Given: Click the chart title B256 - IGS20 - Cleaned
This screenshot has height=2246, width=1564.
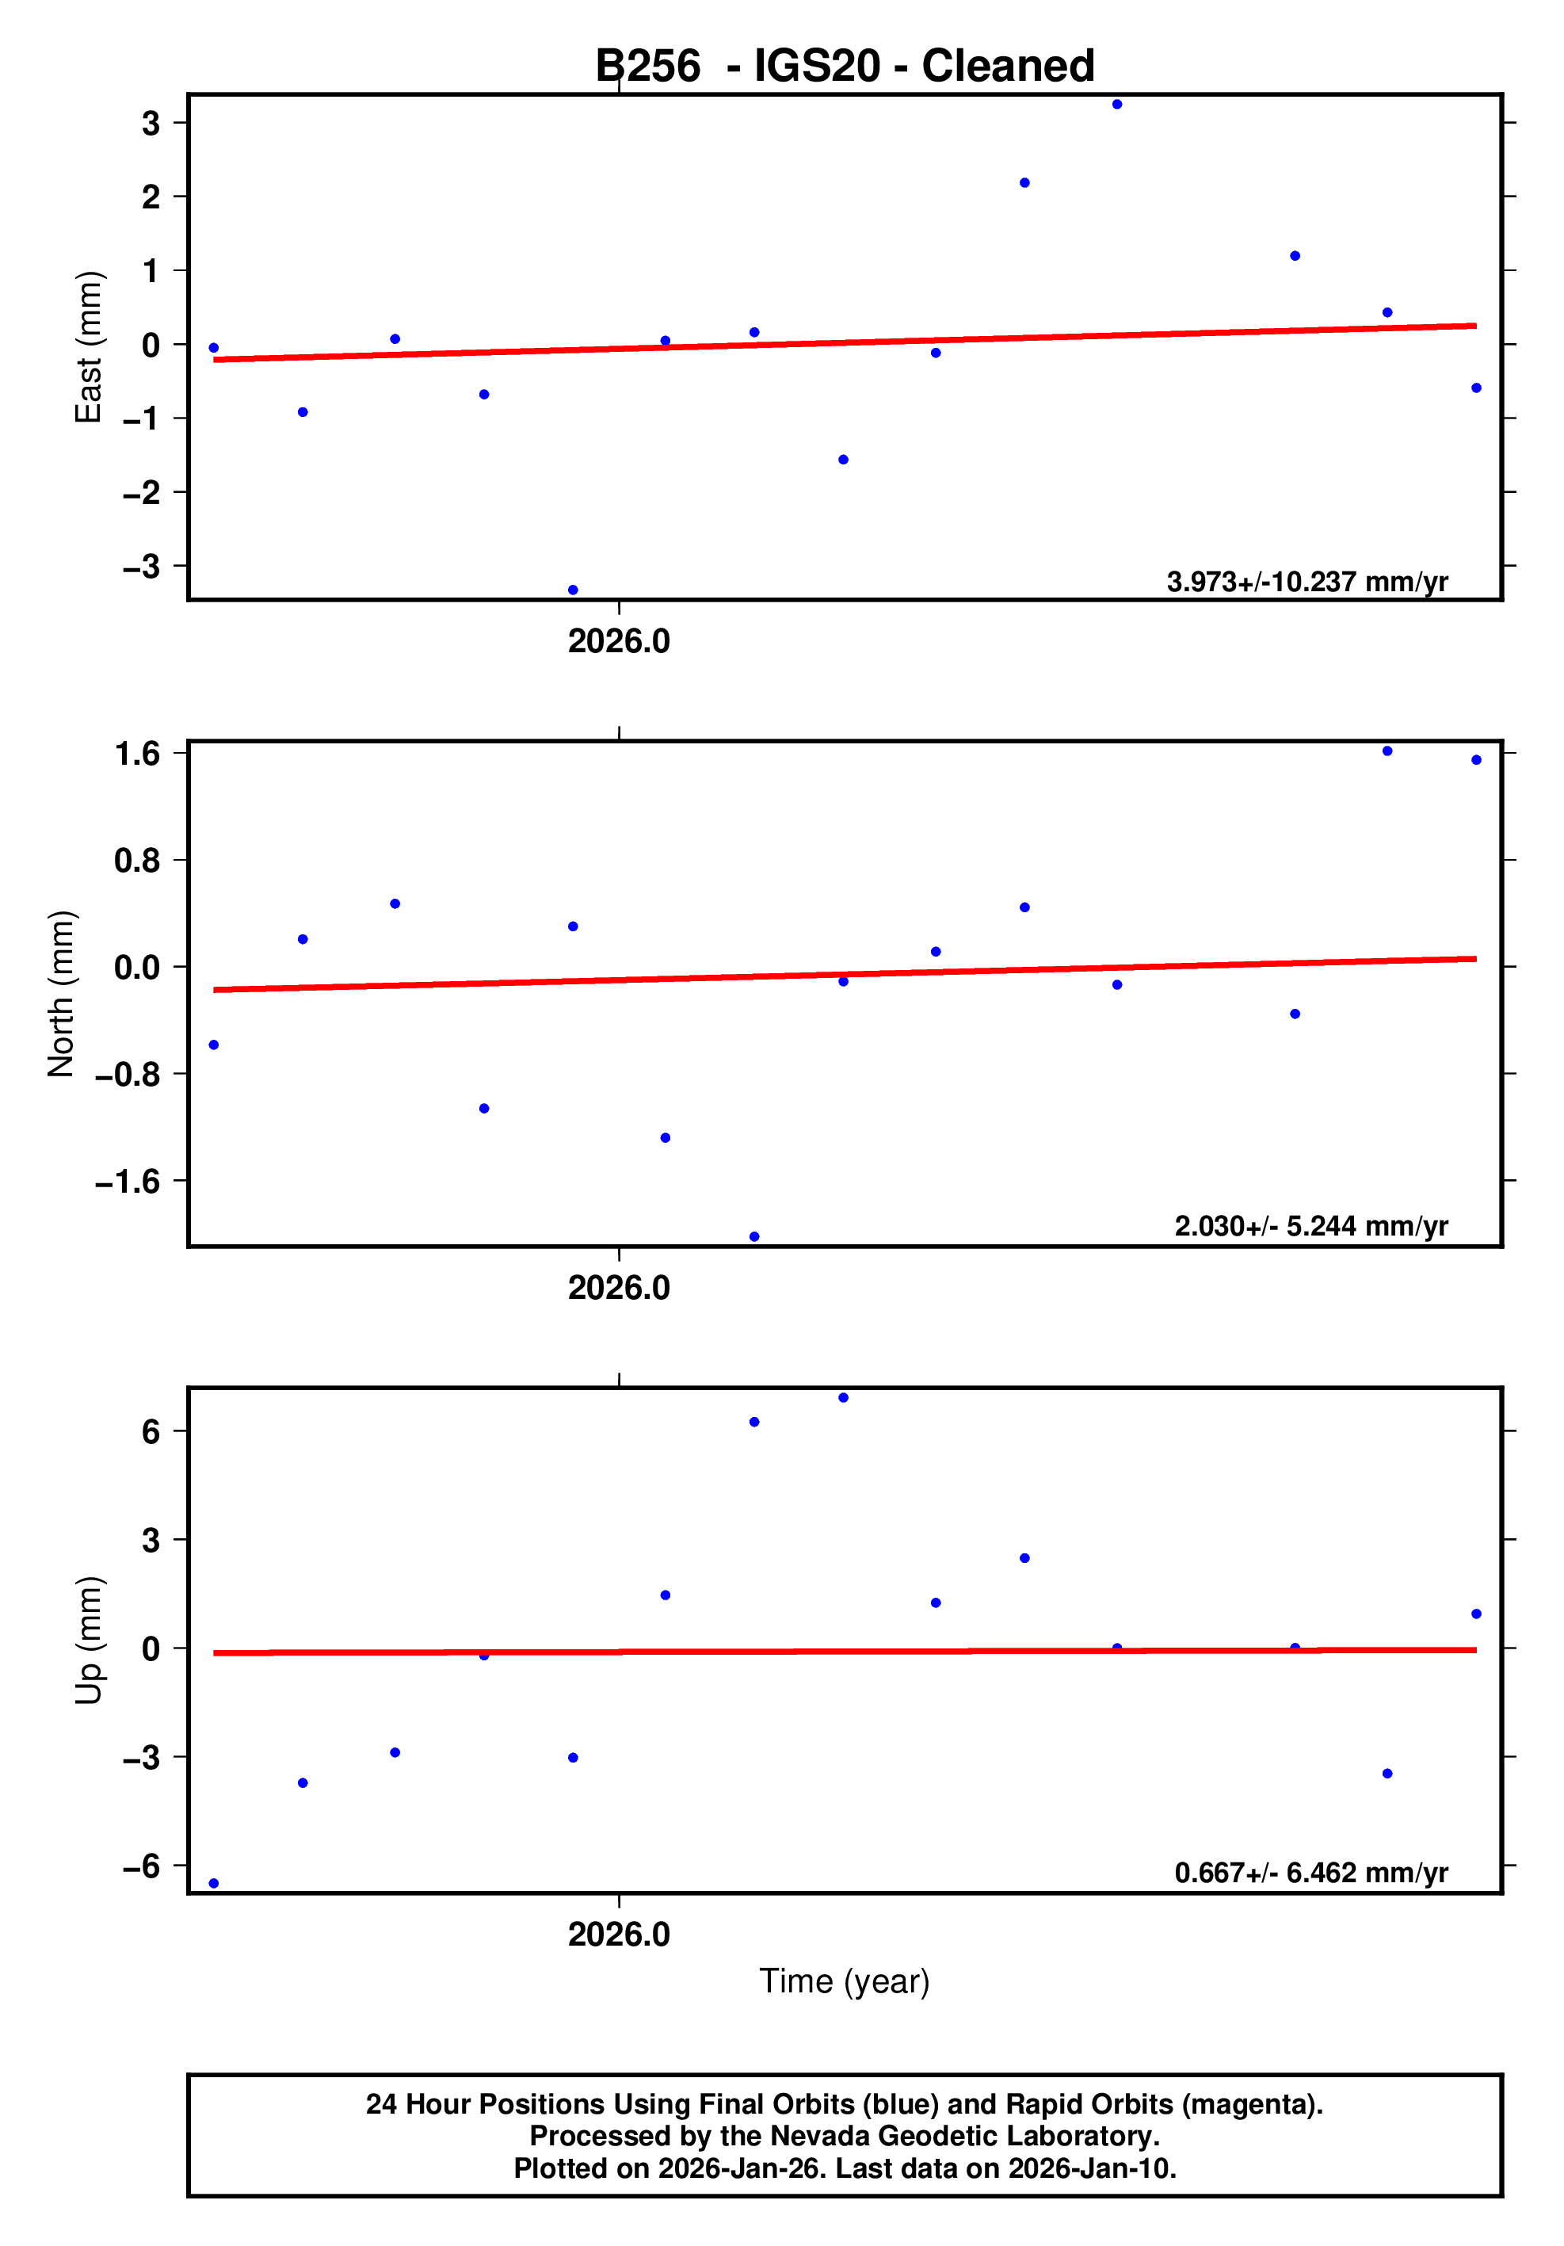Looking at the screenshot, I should pos(844,67).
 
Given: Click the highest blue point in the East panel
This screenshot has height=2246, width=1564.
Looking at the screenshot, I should pos(1117,105).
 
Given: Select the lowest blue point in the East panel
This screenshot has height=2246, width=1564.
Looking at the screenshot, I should pos(573,590).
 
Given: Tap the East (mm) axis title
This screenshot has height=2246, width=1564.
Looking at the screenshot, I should pos(88,347).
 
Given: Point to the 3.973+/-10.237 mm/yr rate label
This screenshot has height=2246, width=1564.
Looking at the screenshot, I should pos(1307,582).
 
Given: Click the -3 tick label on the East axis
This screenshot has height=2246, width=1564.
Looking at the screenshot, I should pos(142,567).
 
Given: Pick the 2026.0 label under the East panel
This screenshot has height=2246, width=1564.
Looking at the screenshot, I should pos(619,642).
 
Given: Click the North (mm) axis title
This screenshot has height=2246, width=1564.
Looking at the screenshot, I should pos(61,994).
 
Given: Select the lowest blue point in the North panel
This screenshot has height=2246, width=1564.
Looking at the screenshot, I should pos(754,1236).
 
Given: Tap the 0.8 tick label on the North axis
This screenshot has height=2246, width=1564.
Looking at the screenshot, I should pos(137,861).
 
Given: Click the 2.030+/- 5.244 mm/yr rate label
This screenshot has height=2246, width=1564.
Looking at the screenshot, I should pos(1310,1226).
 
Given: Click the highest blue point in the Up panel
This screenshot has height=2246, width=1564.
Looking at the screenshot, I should pos(843,1398).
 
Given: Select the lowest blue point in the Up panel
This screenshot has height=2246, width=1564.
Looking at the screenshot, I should pos(213,1883).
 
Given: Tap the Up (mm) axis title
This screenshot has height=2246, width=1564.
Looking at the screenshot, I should pos(88,1641).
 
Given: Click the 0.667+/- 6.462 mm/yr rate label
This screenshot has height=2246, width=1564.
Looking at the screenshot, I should pos(1310,1872).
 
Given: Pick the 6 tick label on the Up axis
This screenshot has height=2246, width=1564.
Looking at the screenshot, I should pos(151,1432).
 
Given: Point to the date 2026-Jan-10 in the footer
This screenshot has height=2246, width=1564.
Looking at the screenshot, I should pos(1089,2168).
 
